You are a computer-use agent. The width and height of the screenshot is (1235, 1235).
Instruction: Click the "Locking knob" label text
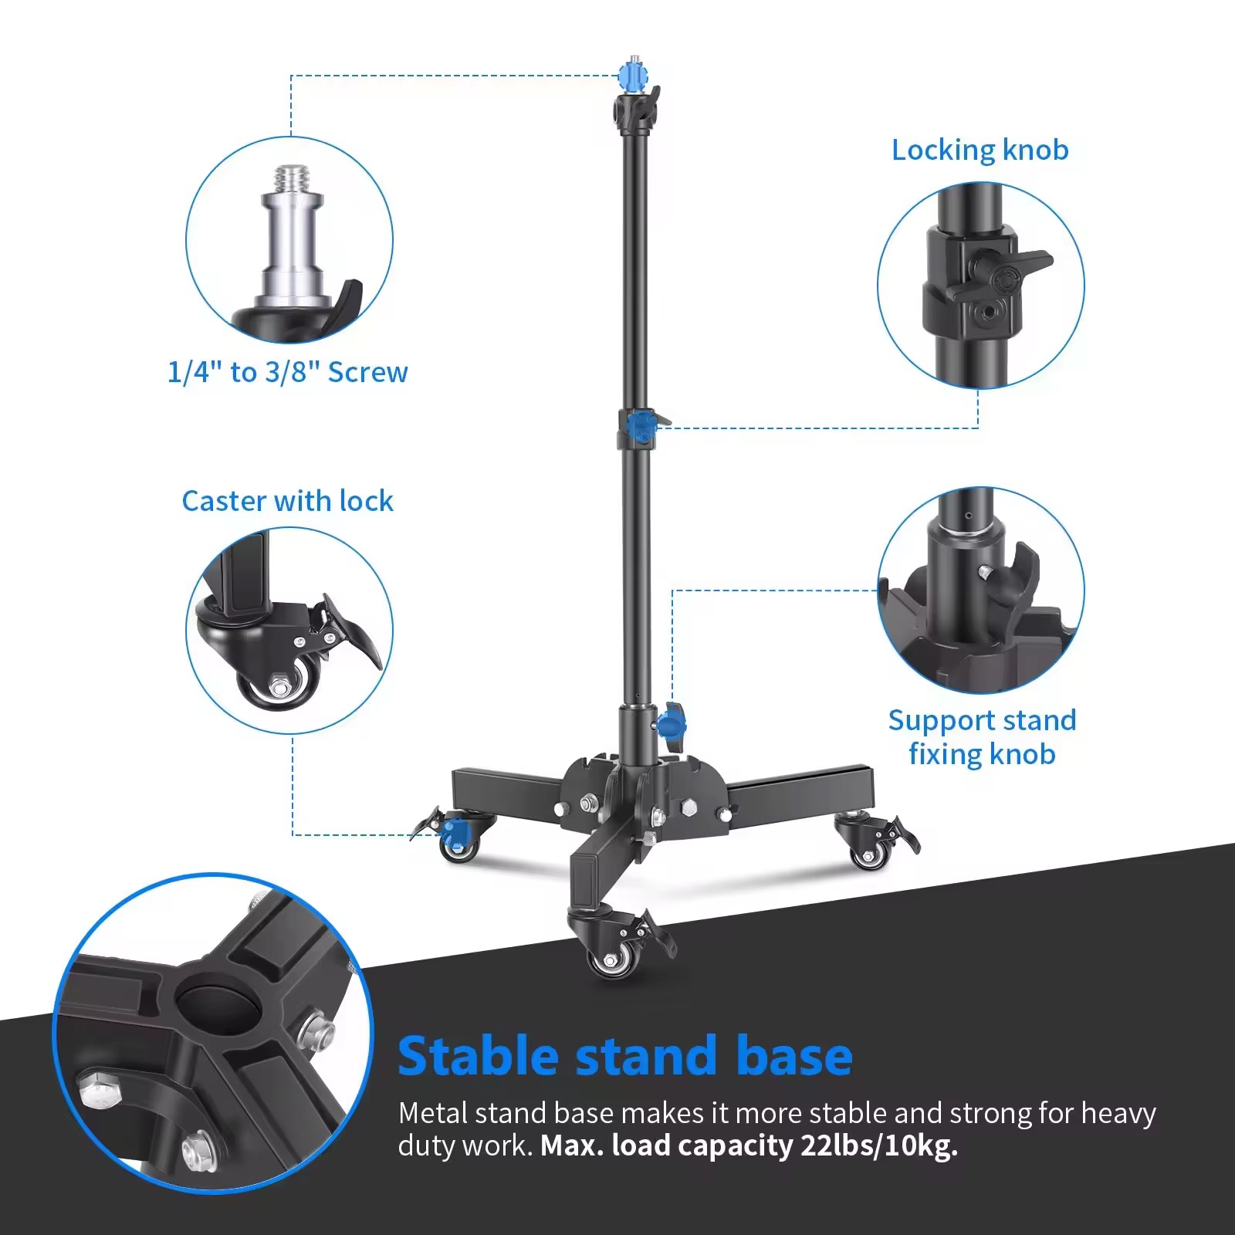tap(980, 150)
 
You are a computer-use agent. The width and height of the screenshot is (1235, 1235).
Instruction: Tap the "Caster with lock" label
tap(287, 501)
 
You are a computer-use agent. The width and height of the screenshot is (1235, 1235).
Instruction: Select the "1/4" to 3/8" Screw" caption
tap(287, 372)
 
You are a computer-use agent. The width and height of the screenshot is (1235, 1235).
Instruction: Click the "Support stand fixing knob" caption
tap(982, 736)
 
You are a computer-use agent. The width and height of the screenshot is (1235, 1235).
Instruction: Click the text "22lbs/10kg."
tap(879, 1145)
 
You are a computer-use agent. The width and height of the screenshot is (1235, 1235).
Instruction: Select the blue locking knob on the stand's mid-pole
tap(640, 426)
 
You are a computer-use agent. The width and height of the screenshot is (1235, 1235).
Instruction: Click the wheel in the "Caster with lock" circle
tap(279, 682)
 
